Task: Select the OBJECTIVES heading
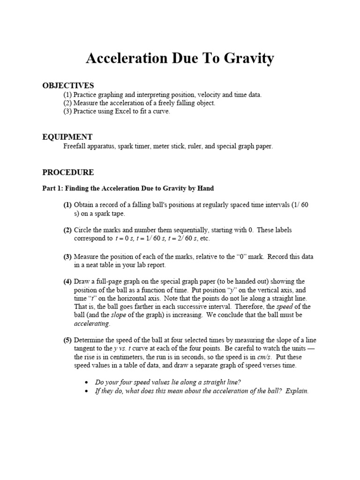tap(68, 85)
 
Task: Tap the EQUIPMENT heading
tap(67, 137)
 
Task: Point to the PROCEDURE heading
tap(68, 172)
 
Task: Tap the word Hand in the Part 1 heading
tap(205, 188)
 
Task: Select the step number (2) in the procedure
tap(68, 230)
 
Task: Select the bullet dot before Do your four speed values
tap(86, 382)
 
